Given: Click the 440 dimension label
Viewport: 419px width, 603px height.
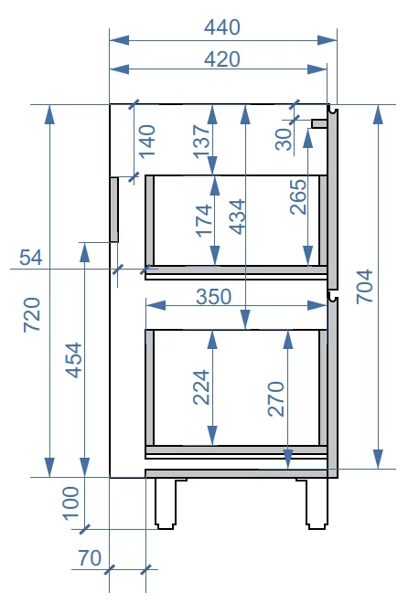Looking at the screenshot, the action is pos(221,27).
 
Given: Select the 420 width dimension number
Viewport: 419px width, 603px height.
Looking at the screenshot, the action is pos(221,59).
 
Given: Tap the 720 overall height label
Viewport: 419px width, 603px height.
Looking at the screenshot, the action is pos(32,314).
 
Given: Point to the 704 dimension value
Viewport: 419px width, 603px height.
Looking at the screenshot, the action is pos(364,287).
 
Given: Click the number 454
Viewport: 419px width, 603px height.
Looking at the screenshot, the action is pos(73,360).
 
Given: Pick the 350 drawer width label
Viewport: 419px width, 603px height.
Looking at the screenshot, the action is pos(214,297).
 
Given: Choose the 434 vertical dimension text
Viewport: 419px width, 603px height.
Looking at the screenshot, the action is pos(237,217).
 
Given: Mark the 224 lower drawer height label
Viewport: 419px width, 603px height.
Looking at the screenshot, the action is pos(201,387).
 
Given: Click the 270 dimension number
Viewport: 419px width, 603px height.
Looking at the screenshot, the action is pos(276,398).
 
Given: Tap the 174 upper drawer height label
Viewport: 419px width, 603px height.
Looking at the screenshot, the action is pos(204,221).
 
